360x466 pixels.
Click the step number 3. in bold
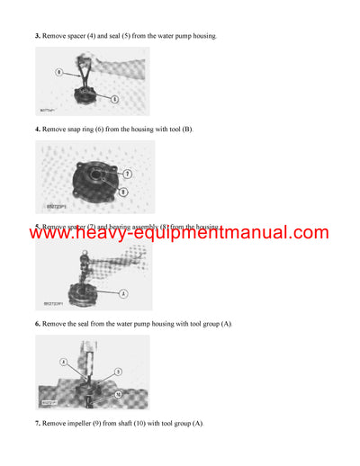click(38, 36)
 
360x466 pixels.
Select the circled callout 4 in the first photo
click(58, 70)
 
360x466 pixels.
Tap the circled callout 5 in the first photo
click(115, 97)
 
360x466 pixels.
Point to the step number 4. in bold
click(38, 130)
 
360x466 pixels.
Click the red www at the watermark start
click(55, 233)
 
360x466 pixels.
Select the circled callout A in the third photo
click(122, 292)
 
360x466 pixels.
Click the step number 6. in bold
click(38, 324)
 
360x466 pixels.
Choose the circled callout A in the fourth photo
click(65, 362)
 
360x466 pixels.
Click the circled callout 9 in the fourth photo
click(118, 372)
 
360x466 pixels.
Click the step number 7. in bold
click(38, 424)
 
